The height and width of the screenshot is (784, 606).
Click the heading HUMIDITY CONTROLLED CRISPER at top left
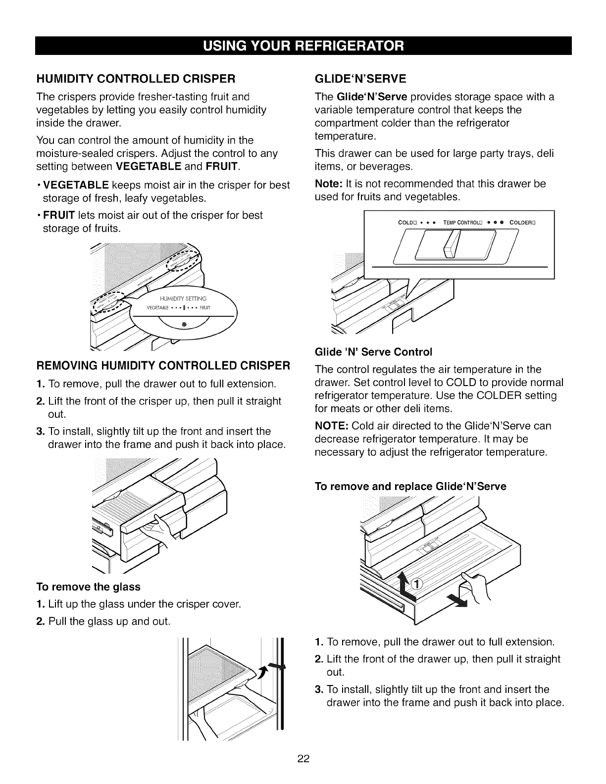point(134,79)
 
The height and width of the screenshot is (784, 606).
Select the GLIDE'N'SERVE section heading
point(360,79)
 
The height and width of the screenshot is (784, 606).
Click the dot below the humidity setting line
point(184,324)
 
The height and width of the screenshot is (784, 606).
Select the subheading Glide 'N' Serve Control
point(374,352)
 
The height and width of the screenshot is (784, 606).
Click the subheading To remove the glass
point(89,587)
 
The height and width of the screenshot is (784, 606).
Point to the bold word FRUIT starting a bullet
point(59,215)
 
